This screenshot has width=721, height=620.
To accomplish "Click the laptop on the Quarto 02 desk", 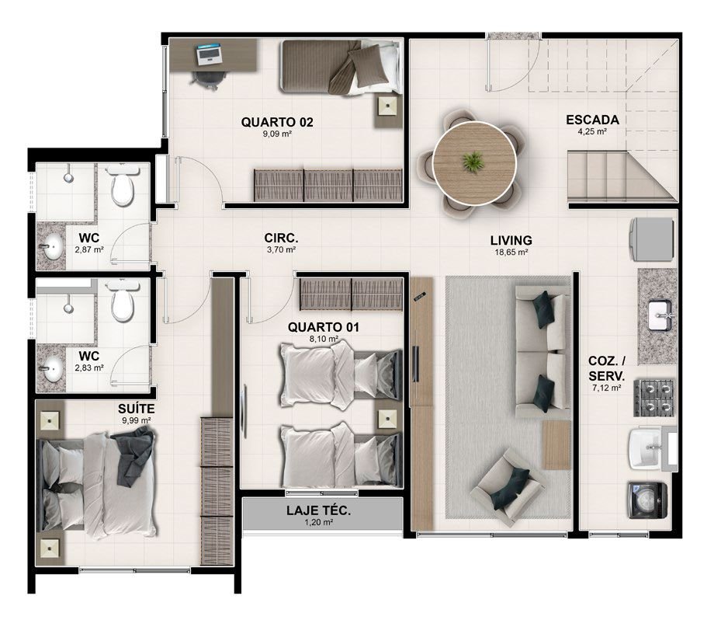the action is pos(209,54).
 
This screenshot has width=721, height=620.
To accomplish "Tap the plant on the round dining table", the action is pos(472,162).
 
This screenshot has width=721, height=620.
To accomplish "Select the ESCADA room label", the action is pos(592,120).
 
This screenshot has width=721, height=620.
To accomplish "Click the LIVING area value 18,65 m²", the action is pos(511,253).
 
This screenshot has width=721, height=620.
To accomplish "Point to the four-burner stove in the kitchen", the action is pos(653,398).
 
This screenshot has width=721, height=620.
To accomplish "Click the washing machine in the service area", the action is pos(647,500).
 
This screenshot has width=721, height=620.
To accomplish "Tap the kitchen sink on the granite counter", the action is pos(660,315).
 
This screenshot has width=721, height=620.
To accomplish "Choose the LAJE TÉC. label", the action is pos(318,510).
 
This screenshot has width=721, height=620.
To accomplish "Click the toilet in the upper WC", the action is pos(123,186).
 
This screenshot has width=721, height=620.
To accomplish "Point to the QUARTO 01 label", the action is pos(324,327).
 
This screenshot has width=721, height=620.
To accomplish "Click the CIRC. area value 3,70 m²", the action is pos(281,250).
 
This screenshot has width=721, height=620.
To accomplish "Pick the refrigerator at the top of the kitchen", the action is pos(652,239).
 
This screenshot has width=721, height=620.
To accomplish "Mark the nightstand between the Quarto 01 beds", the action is pos(386,420).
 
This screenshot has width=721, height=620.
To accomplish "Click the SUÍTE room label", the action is pos(136,409).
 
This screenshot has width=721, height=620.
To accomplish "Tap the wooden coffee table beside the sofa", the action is pos(556,444).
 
